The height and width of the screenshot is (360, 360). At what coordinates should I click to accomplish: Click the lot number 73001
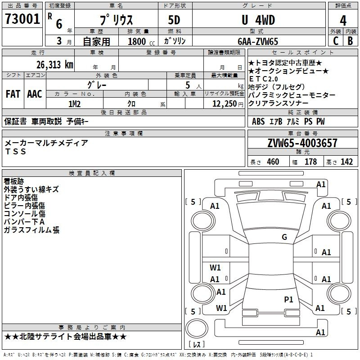[x=22, y=19]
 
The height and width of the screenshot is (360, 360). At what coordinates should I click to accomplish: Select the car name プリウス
[x=116, y=20]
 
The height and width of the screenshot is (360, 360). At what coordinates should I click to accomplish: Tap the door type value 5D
[x=175, y=20]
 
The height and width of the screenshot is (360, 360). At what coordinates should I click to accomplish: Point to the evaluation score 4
[x=343, y=20]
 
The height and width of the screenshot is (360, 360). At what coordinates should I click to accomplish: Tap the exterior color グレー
[x=107, y=84]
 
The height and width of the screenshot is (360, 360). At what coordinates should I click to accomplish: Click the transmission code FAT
[x=13, y=94]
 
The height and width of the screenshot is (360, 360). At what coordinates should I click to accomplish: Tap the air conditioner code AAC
[x=34, y=94]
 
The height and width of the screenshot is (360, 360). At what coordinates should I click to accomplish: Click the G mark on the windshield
[x=284, y=237]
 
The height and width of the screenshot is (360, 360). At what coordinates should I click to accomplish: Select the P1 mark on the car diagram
[x=288, y=299]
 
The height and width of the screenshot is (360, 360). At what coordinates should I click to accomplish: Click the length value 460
[x=273, y=162]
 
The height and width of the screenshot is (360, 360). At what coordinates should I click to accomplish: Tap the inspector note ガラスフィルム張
[x=31, y=230]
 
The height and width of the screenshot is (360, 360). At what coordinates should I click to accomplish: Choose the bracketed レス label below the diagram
[x=198, y=345]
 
